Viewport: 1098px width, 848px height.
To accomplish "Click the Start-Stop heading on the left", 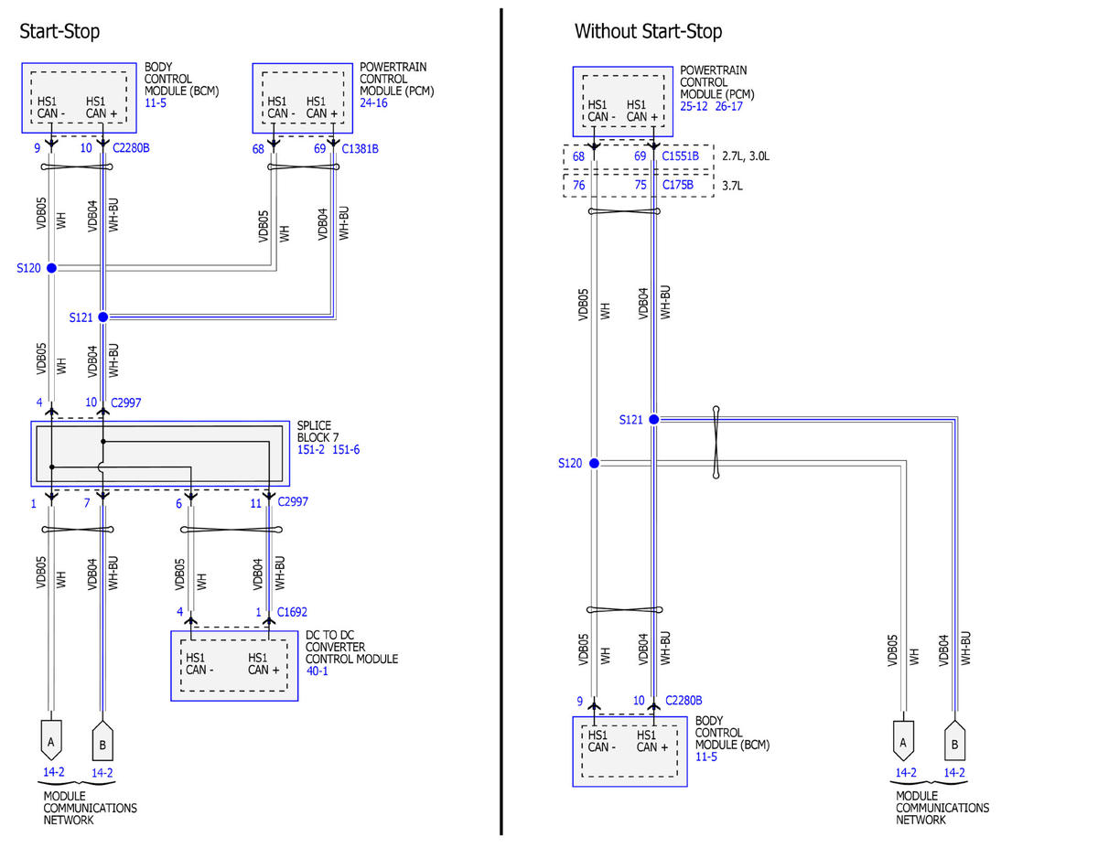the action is tap(59, 31).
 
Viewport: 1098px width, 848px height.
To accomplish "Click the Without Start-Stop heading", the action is tap(648, 31).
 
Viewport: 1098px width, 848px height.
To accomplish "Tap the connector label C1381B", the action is tap(360, 149).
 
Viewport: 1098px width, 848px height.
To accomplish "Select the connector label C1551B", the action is tap(680, 156).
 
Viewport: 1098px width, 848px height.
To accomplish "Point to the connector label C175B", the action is tap(678, 185).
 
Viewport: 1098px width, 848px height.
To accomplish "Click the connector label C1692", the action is tap(292, 612).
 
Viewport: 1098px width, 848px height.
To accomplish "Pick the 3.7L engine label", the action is tap(732, 186).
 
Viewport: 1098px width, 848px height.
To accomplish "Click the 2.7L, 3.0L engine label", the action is tap(746, 156).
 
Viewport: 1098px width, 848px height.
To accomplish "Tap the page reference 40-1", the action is tap(317, 671).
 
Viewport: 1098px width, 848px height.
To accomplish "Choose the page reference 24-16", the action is tap(373, 103).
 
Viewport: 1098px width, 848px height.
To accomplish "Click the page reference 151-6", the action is tap(346, 449).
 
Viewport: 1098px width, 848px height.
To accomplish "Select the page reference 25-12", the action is tap(694, 106).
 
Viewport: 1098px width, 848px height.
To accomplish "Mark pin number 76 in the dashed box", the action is tap(578, 186).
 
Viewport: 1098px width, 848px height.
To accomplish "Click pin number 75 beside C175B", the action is tap(640, 185).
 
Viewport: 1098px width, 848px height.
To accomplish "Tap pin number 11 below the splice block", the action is tap(255, 503).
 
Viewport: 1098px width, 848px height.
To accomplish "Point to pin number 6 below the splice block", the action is tap(178, 503).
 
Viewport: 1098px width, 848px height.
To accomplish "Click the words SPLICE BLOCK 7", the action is tap(318, 432).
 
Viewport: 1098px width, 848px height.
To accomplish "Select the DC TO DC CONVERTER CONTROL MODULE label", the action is tap(351, 647).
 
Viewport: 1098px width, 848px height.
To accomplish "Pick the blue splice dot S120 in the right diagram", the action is tap(594, 463).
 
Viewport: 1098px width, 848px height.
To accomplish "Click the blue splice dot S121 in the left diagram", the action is tap(103, 317).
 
